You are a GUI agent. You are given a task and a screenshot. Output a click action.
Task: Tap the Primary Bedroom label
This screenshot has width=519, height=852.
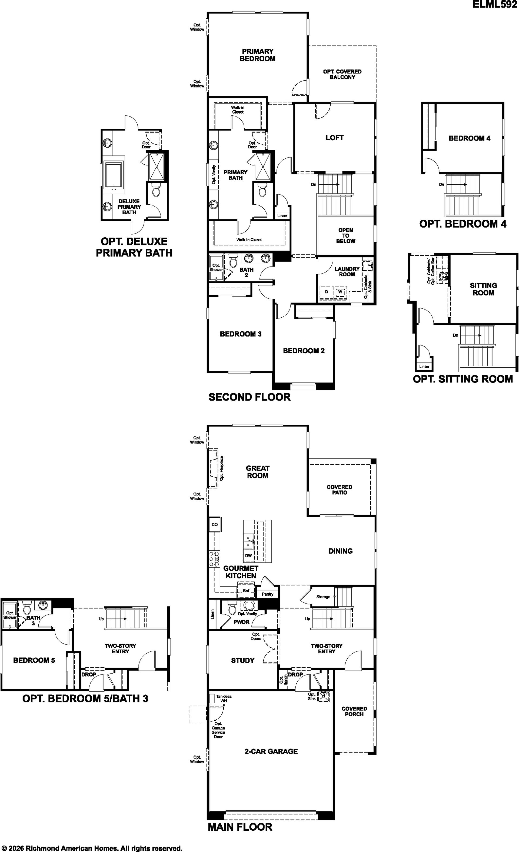258,55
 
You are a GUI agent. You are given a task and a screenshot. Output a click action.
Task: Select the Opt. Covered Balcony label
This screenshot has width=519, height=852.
342,74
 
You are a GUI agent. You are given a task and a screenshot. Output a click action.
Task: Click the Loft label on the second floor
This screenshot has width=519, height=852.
334,138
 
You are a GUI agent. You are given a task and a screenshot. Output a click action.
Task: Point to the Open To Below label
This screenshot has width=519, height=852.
346,235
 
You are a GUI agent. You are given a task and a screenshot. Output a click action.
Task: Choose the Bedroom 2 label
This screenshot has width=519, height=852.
304,351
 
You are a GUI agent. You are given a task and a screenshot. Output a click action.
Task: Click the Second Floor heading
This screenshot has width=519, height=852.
249,397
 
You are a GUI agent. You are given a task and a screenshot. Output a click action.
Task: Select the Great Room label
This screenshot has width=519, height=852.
258,472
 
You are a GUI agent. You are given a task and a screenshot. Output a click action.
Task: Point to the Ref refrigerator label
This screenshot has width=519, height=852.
246,591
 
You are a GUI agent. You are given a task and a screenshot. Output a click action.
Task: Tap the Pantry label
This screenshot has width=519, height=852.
268,594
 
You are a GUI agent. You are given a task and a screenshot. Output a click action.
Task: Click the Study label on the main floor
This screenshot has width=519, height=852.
243,660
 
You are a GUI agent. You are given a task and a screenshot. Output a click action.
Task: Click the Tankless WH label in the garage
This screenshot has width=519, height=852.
224,698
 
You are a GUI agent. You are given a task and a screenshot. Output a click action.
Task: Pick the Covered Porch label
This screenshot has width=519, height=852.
354,711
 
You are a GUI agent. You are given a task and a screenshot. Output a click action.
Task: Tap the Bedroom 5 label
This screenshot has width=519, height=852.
34,660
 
